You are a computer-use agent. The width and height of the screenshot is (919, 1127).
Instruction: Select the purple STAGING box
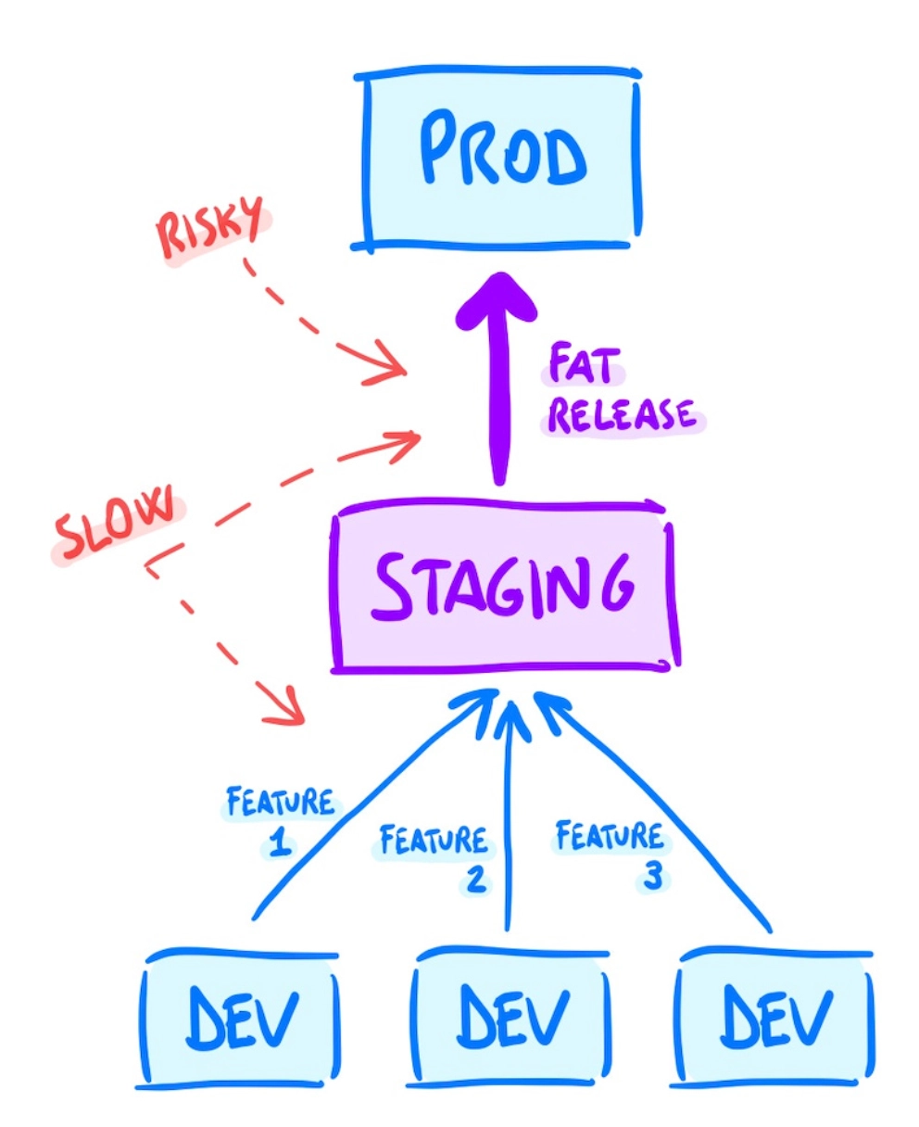point(505,586)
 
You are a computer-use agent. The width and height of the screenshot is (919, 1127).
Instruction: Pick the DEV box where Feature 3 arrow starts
point(774,1018)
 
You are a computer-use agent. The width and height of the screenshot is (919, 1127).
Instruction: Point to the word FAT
point(581,365)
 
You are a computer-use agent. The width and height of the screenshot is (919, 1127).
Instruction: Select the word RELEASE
point(622,414)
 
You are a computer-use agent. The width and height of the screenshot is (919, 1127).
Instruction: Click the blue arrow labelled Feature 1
point(371,806)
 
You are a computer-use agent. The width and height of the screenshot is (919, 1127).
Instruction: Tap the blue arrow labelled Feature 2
point(506,816)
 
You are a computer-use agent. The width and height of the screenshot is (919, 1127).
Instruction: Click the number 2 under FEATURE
point(475,879)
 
